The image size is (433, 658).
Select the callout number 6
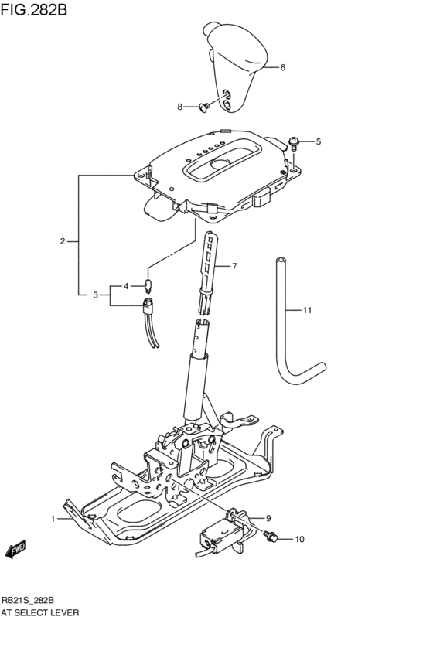[282, 67]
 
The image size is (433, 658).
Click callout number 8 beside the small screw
[179, 107]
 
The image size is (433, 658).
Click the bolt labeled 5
[295, 141]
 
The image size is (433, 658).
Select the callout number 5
[317, 141]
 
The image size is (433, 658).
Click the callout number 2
[63, 241]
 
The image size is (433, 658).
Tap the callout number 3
[95, 295]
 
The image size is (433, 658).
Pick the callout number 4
[126, 286]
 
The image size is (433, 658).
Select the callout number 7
[234, 267]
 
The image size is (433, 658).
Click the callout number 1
[53, 518]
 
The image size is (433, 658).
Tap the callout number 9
[268, 518]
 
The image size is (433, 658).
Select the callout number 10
[299, 538]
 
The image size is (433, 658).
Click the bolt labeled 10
[271, 536]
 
